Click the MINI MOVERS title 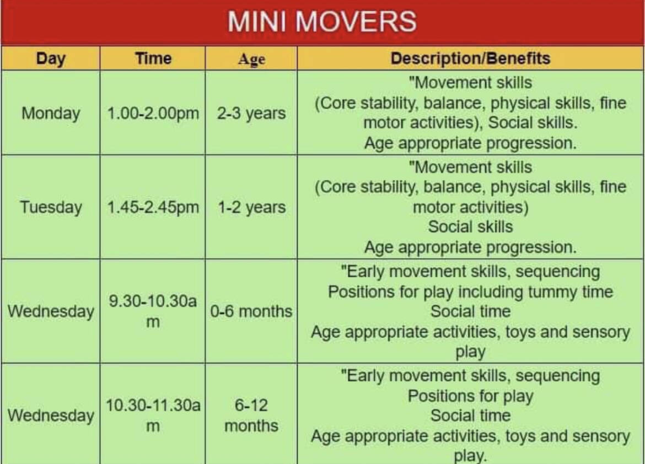pos(322,21)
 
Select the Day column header pos(51,58)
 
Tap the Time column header pos(153,58)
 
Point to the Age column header pos(251,59)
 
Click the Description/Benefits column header pos(470,58)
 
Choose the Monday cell pos(51,113)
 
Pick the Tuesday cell pos(51,207)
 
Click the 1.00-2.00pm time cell pos(153,113)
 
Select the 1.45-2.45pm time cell pos(153,207)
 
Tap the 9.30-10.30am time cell pos(153,311)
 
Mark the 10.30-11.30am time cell pos(153,415)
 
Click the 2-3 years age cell pos(251,113)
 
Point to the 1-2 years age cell pos(251,207)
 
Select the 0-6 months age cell pos(251,311)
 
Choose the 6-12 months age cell pos(251,415)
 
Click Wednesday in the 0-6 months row pos(51,311)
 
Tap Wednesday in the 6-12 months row pos(51,415)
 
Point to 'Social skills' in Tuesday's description pos(470,226)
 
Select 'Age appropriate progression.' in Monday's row pos(470,143)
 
